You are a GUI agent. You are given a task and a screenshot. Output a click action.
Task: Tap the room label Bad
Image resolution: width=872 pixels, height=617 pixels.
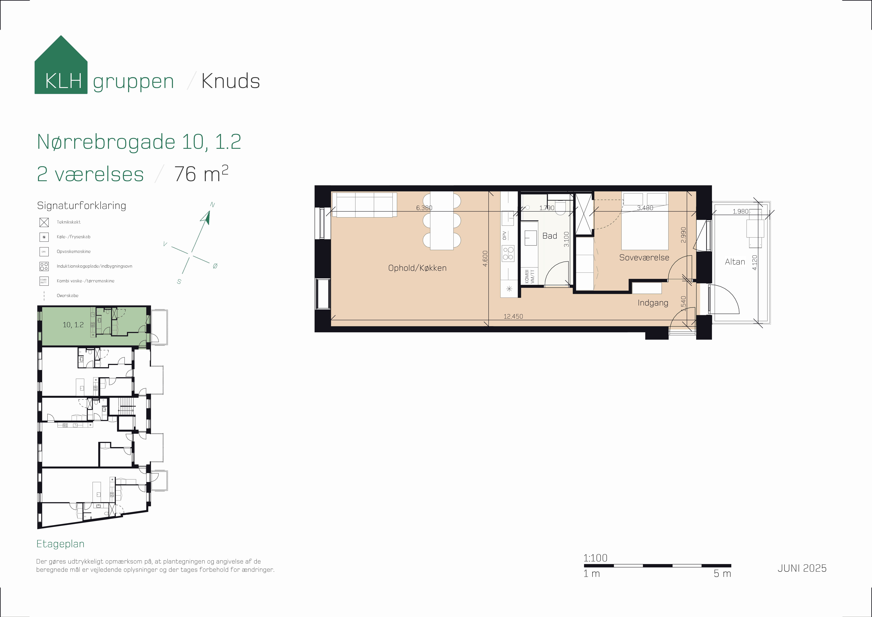(x=550, y=236)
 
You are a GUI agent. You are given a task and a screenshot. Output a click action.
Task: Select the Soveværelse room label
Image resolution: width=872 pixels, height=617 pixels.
(x=644, y=257)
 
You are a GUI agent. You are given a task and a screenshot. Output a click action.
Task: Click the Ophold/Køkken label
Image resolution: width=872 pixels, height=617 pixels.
(x=417, y=268)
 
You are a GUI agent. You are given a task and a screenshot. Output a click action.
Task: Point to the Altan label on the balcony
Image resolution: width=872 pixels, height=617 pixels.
(x=735, y=262)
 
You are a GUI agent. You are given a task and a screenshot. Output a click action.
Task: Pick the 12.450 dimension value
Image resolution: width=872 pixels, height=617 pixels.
(x=513, y=316)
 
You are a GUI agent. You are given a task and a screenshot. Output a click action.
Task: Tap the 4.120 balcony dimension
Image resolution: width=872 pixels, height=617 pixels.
(x=755, y=262)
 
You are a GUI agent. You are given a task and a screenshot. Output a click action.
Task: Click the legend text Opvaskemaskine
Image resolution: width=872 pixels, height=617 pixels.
(x=74, y=251)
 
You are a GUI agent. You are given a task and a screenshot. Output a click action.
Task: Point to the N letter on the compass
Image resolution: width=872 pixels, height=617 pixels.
(x=212, y=205)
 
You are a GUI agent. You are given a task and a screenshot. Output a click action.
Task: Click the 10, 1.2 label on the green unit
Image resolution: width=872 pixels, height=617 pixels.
(x=73, y=325)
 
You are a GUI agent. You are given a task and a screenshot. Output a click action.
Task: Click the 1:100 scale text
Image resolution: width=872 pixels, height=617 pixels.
(x=595, y=558)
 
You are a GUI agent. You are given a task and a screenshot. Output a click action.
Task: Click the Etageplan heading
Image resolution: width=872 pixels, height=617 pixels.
(x=60, y=544)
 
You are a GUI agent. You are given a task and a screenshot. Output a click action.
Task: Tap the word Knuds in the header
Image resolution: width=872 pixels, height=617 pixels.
(x=231, y=81)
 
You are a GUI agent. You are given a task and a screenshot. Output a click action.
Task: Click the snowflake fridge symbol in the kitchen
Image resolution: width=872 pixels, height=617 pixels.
(x=509, y=289)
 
